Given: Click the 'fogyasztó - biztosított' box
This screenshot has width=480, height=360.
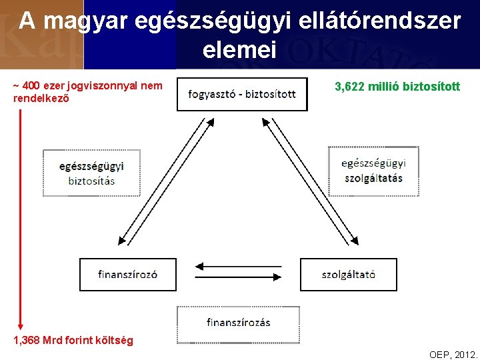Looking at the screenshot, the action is [242, 94].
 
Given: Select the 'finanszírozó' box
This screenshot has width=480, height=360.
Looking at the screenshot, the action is [128, 274].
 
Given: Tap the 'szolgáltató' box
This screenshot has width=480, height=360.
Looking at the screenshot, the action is [348, 274].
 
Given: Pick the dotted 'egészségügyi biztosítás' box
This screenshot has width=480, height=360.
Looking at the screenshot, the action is [92, 173].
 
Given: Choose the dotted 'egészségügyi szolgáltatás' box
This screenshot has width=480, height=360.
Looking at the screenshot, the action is [373, 171].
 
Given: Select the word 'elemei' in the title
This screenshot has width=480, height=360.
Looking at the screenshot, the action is [239, 51].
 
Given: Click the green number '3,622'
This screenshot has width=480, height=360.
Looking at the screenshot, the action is [350, 87].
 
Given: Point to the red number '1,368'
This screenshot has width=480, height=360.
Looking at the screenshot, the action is [26, 341].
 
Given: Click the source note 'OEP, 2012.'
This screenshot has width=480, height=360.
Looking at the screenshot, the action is [453, 354].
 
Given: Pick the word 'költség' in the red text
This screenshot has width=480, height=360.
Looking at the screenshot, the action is [115, 341].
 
